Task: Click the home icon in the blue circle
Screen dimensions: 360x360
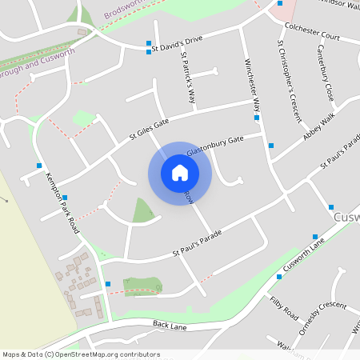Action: (x=180, y=173)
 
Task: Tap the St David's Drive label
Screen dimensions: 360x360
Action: (x=178, y=45)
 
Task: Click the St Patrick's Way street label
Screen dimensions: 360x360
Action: (x=188, y=78)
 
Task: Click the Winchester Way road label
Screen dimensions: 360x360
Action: (x=252, y=85)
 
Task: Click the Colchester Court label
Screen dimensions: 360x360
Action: (x=313, y=37)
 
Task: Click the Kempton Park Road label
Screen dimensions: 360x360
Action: (x=63, y=202)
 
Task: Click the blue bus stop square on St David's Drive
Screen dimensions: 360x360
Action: (x=148, y=42)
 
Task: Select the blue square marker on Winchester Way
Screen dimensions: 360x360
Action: (x=257, y=118)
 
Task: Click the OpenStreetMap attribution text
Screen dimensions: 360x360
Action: (x=81, y=354)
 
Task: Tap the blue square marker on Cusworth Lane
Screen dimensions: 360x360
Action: (x=315, y=236)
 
